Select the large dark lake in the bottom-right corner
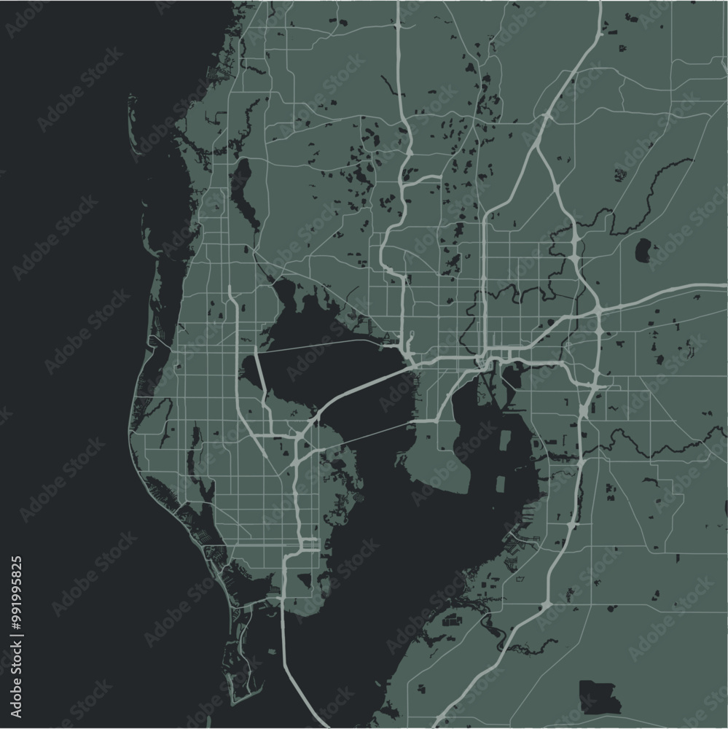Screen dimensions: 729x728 pyautogui.click(x=599, y=696)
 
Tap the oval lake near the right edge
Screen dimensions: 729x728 pyautogui.click(x=644, y=250)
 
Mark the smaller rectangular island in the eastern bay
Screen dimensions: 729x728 pyautogui.click(x=501, y=484)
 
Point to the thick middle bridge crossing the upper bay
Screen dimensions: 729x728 pyautogui.click(x=357, y=391)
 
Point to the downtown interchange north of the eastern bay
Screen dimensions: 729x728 pyautogui.click(x=482, y=361)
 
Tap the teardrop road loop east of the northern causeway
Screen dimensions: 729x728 pyautogui.click(x=411, y=339)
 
